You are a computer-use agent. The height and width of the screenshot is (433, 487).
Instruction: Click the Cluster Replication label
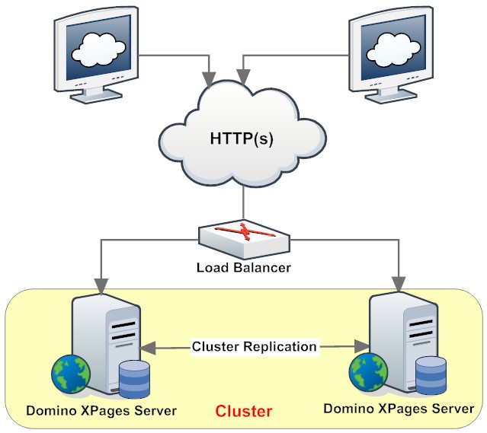click(254, 346)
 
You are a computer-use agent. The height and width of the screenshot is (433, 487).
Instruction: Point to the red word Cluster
click(243, 412)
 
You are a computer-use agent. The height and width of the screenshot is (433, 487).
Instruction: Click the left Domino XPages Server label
click(101, 411)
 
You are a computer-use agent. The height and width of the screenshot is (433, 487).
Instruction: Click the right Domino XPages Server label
click(399, 409)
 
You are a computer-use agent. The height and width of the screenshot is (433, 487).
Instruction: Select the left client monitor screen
click(98, 49)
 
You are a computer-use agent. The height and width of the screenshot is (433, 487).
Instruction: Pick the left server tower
click(107, 335)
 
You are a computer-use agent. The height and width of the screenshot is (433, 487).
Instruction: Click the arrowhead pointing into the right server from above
click(397, 282)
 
